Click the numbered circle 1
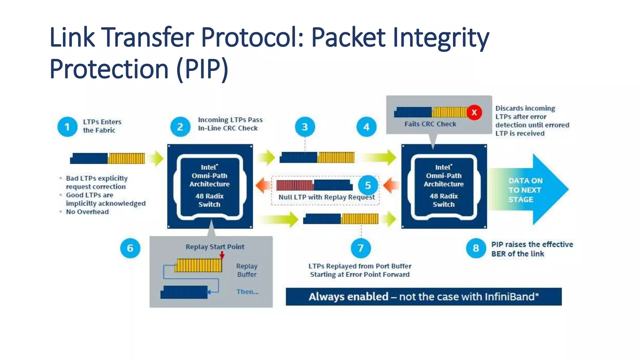pos(67,127)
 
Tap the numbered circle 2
pos(180,127)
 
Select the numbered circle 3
pos(305,127)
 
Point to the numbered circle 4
pos(366,127)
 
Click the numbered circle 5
pos(368,185)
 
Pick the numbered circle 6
pos(130,248)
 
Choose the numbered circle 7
pos(361,248)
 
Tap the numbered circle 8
pos(476,248)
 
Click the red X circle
pos(474,112)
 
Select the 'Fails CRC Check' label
pos(430,124)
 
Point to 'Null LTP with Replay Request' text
pos(326,197)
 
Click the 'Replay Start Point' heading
pos(215,247)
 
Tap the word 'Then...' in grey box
pos(247,292)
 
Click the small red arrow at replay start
pos(222,255)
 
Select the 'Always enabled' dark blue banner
pos(423,297)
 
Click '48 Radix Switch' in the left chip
pos(209,200)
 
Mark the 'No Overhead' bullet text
pos(87,212)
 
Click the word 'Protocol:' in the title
pos(253,37)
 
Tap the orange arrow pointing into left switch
pos(263,185)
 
